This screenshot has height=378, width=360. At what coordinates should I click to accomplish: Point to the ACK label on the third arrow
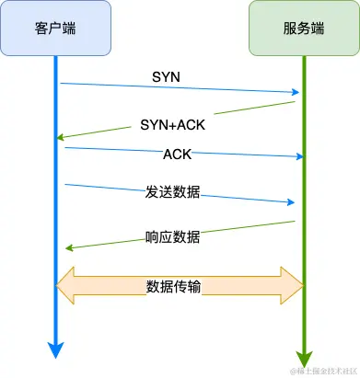tap(177, 153)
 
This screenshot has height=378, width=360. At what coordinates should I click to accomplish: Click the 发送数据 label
tap(174, 193)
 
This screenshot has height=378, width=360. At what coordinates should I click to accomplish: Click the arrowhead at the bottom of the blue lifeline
tap(56, 349)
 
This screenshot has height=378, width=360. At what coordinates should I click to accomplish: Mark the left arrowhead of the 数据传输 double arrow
tap(66, 286)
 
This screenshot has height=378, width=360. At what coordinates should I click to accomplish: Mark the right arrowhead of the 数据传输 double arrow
tap(294, 286)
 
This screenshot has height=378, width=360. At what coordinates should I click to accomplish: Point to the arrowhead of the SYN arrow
tap(296, 92)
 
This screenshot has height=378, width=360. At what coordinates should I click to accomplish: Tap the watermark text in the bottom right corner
tap(322, 371)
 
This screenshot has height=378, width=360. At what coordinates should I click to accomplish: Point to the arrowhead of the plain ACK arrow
tap(298, 156)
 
